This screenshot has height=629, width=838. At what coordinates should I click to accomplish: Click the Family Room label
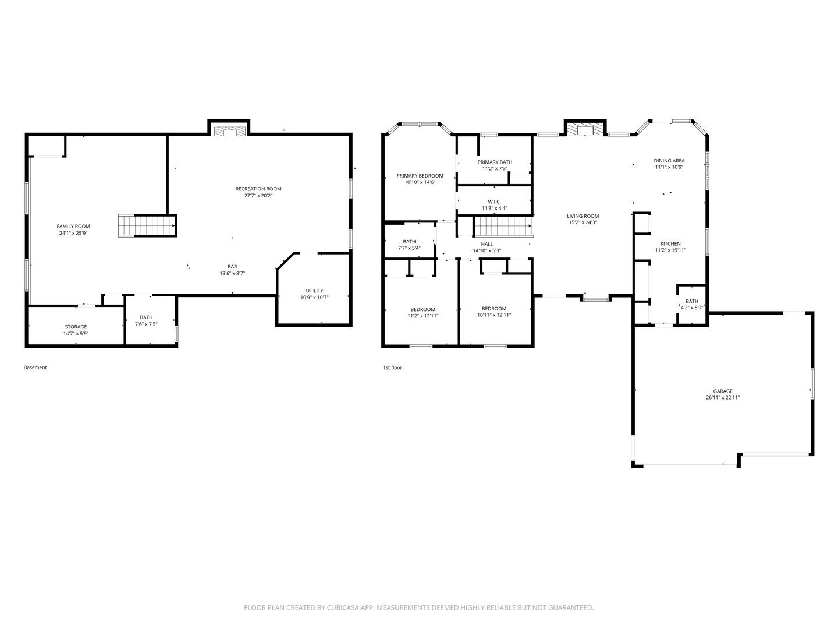tap(73, 227)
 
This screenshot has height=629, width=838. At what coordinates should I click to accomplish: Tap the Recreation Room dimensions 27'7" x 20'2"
tap(258, 196)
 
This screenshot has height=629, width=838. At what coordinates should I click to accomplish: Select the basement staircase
tap(146, 226)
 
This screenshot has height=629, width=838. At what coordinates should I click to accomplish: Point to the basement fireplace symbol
tap(229, 131)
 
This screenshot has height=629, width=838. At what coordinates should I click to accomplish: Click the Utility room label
tap(315, 291)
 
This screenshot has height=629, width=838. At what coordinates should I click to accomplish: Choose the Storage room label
tap(76, 327)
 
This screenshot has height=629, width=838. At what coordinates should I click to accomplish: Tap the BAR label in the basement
tap(233, 267)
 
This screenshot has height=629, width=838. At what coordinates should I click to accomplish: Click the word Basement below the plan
tap(35, 367)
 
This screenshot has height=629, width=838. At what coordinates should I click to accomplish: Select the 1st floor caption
tap(392, 367)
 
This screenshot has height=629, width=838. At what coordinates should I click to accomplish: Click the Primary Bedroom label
tap(420, 176)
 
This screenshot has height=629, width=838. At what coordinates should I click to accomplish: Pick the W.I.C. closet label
tap(495, 202)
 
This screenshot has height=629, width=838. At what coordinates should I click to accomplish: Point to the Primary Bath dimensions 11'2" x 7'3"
tap(495, 169)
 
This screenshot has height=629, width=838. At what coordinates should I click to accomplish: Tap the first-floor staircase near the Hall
tap(503, 226)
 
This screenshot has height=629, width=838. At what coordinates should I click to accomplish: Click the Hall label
tap(487, 245)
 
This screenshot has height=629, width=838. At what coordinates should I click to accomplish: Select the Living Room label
tap(583, 216)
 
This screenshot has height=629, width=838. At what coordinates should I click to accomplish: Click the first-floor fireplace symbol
tap(585, 129)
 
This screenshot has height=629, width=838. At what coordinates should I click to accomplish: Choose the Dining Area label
tap(669, 161)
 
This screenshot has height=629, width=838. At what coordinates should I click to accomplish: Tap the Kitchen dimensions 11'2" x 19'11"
tap(671, 250)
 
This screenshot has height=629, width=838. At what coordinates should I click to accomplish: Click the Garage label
tap(723, 391)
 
